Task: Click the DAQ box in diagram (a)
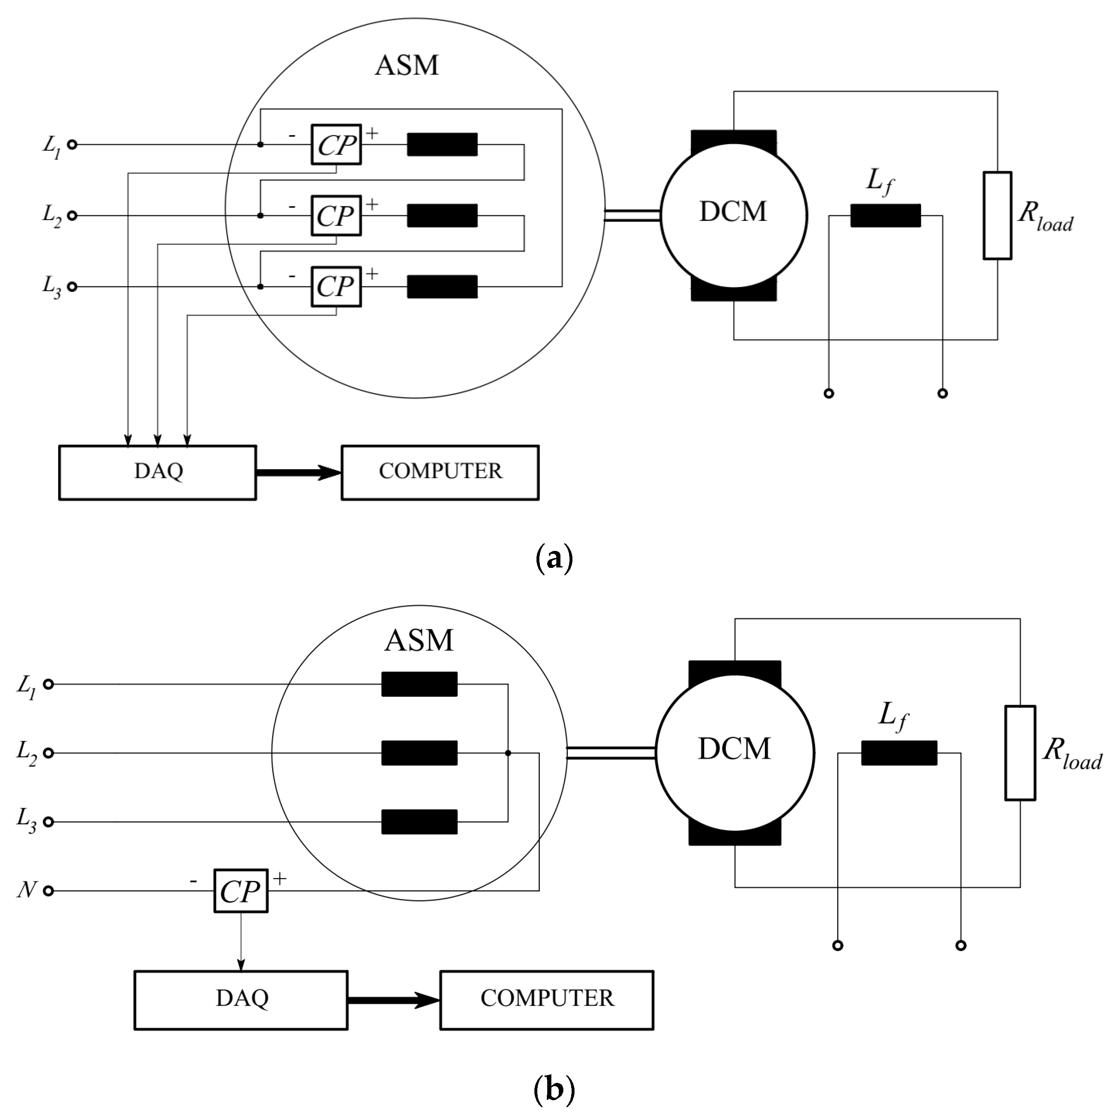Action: [157, 472]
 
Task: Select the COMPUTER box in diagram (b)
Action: [547, 1000]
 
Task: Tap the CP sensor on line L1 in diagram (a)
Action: [336, 145]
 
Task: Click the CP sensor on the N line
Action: [241, 890]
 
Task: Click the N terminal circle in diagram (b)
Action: [49, 890]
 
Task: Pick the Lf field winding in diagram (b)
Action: [899, 753]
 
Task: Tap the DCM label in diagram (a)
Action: [733, 212]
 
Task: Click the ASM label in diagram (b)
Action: [419, 641]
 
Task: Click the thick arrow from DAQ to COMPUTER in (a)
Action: [299, 473]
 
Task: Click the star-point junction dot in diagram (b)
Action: [508, 753]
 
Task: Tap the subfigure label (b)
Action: [554, 1090]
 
